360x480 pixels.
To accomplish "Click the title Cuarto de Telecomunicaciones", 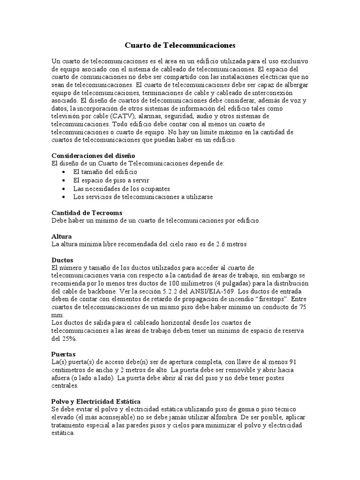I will pyautogui.click(x=180, y=45).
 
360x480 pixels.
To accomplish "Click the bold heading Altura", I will pyautogui.click(x=61, y=236).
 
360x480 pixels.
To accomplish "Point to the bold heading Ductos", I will pyautogui.click(x=62, y=259).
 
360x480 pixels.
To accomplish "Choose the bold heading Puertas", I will pyautogui.click(x=63, y=354).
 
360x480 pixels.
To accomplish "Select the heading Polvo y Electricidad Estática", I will pyautogui.click(x=96, y=402).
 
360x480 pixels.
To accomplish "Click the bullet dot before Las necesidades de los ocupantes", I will pyautogui.click(x=64, y=188).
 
